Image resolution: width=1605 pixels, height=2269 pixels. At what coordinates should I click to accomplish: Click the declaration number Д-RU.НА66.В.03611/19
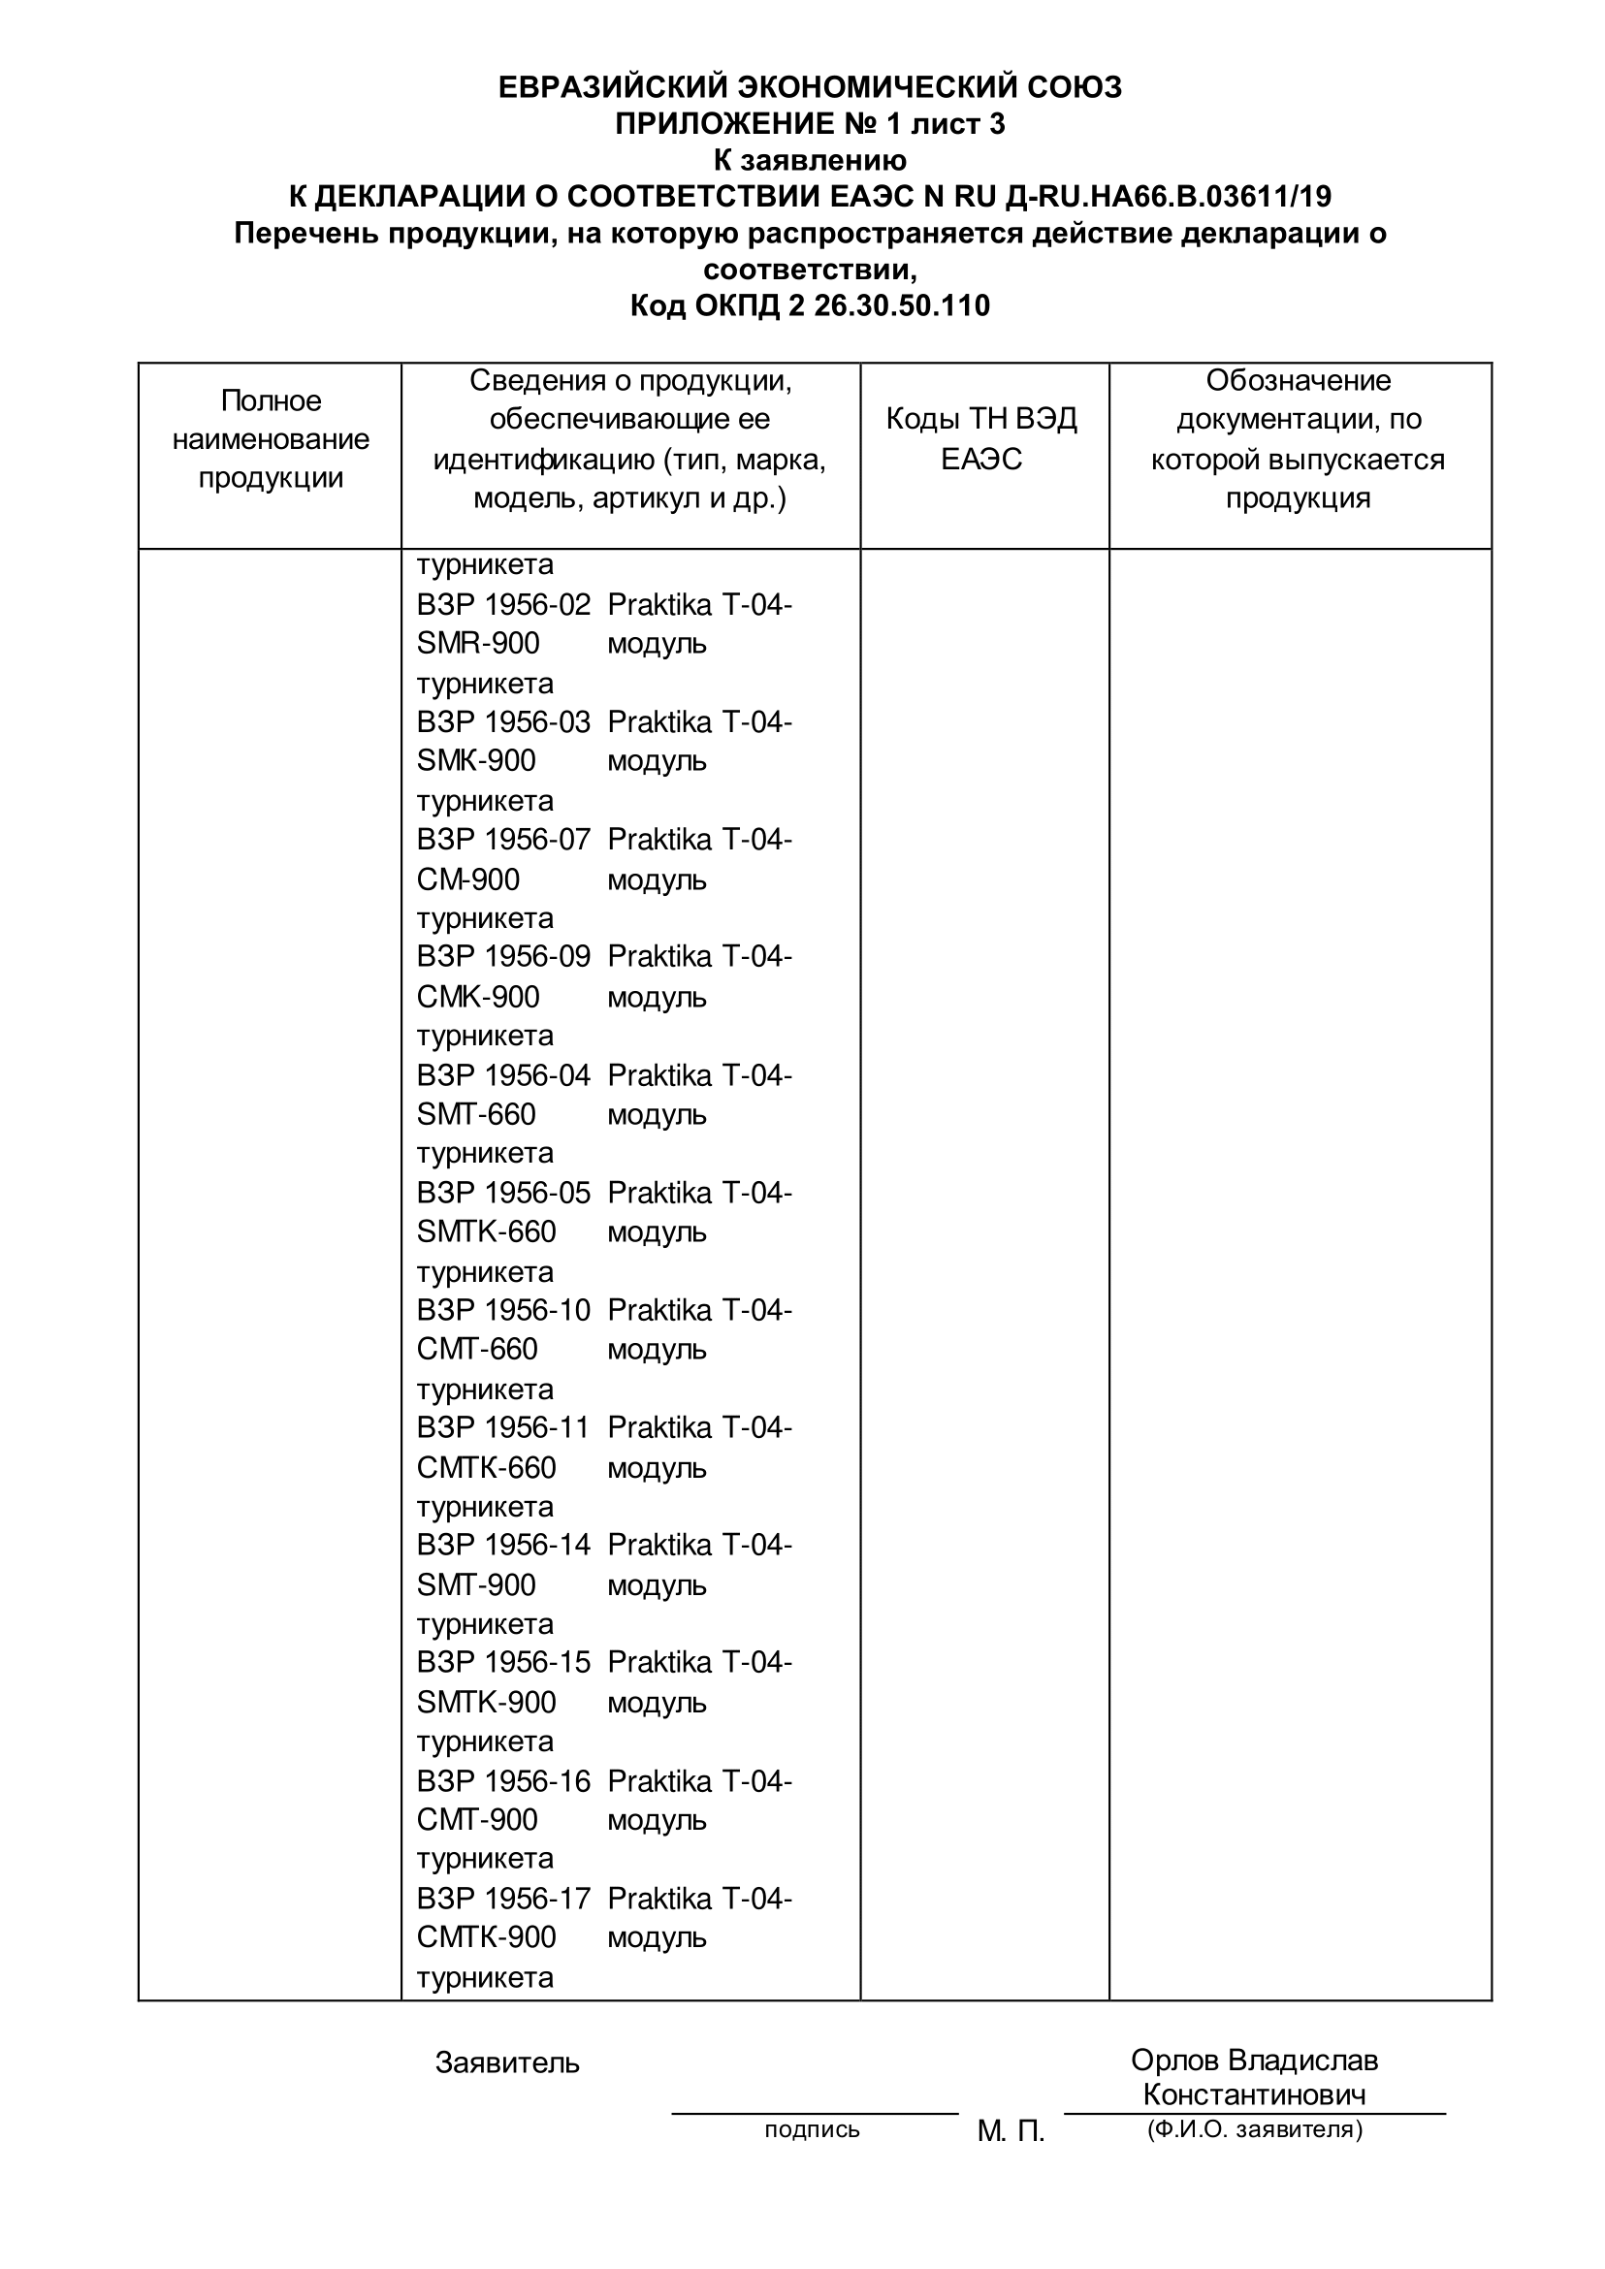pos(1168,197)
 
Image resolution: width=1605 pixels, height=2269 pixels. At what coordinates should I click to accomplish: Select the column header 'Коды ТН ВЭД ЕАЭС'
pos(981,439)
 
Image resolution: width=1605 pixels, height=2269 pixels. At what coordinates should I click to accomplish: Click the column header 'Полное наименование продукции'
pos(271,439)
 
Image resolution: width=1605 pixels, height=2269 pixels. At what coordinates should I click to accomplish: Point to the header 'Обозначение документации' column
pos(1298,439)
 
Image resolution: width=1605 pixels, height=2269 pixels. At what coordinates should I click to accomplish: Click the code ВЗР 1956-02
pos(503,605)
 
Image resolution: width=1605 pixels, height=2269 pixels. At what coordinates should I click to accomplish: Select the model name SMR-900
pos(478,643)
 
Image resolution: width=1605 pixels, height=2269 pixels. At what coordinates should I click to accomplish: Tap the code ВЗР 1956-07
pos(503,840)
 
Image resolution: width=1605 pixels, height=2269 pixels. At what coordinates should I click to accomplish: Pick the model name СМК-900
pos(478,996)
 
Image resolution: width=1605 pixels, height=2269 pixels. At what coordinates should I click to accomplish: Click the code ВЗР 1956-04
pos(503,1075)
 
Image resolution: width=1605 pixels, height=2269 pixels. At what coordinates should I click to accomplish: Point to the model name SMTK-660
pos(486,1231)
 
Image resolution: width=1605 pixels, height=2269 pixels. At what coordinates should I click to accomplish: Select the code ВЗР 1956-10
pos(503,1310)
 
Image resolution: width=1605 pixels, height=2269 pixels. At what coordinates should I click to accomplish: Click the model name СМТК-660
pos(486,1467)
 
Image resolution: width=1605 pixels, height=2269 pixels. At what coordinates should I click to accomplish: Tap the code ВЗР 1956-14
pos(503,1545)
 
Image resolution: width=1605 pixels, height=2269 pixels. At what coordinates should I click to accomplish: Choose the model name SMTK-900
pos(486,1702)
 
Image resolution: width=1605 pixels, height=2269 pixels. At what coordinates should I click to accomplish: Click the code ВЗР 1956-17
pos(503,1899)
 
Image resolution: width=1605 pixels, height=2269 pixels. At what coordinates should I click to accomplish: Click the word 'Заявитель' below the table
pos(507,2062)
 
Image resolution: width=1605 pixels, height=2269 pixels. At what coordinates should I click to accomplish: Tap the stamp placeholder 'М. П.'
pos(1011,2131)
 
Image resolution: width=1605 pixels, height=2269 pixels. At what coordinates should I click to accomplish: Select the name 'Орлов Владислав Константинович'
pos(1254,2077)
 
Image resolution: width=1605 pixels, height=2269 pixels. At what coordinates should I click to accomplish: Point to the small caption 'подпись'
pos(812,2129)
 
